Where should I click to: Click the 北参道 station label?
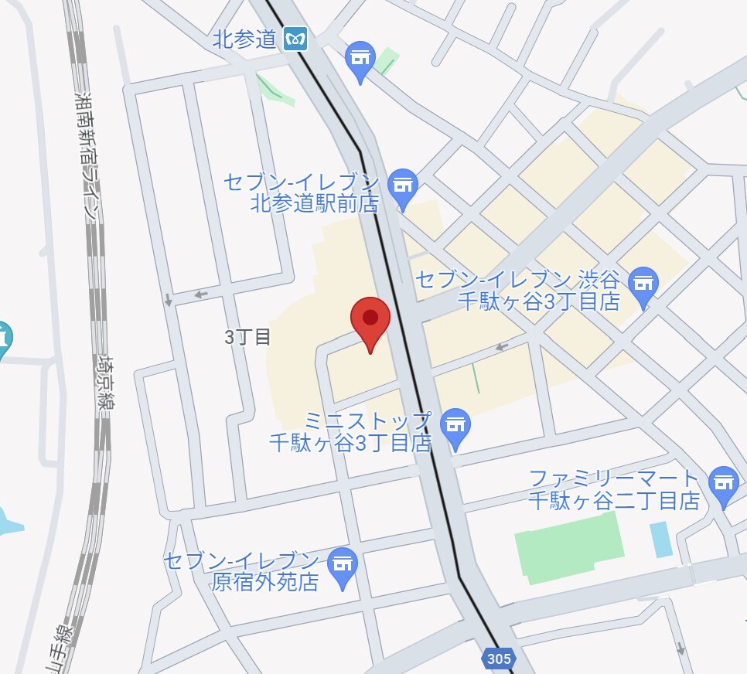pos(244,39)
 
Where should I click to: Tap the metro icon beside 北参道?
pos(295,39)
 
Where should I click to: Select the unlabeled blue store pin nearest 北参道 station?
pos(360,60)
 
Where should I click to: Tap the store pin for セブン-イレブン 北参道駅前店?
pos(403,187)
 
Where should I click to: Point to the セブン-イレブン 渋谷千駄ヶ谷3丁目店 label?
pos(518,290)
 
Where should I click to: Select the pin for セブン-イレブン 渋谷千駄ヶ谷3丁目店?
pos(643,285)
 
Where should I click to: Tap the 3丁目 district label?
pos(247,337)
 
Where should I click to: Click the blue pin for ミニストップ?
pos(455,427)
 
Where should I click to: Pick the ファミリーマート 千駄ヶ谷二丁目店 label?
pos(615,489)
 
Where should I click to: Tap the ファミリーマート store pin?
pos(724,484)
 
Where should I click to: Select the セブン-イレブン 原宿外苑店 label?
pos(241,571)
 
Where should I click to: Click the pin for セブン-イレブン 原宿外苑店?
pos(343,567)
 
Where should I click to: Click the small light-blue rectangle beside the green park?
pos(661,540)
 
